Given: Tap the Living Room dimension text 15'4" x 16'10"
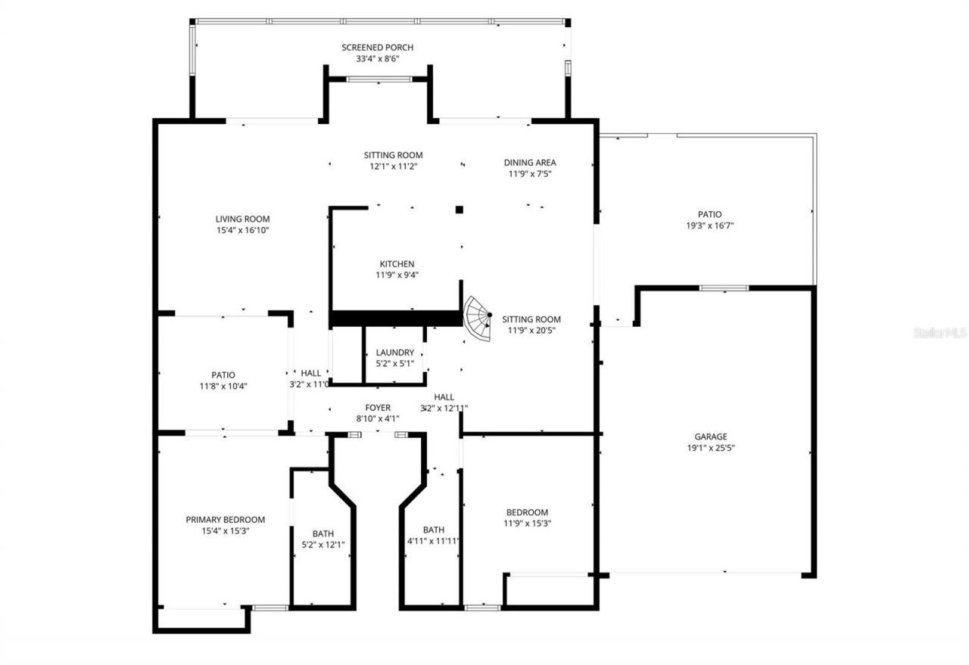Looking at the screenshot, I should [x=242, y=230].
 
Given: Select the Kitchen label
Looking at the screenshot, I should [x=397, y=264].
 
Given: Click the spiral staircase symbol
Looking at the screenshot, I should [x=478, y=318].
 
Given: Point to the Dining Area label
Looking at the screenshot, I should [x=530, y=163].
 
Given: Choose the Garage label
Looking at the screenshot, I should [x=711, y=437].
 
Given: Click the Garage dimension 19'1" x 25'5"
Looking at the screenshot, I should [x=711, y=448].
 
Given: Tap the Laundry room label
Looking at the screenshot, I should [x=394, y=353].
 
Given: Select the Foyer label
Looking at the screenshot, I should [x=378, y=408].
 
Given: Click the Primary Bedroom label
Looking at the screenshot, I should [x=226, y=520].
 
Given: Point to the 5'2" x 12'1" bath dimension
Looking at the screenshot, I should [x=322, y=545].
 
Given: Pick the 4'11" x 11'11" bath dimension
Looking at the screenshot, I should [x=434, y=541].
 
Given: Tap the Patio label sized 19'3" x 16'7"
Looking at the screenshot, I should [x=709, y=214].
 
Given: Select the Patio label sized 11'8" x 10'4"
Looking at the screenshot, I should [x=223, y=375].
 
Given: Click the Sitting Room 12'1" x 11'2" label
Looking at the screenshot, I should [x=393, y=155].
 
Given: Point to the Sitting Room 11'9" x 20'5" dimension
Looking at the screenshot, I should [x=531, y=331].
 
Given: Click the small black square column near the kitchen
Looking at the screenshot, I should [x=459, y=210].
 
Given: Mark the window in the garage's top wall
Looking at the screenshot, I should [x=723, y=287].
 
